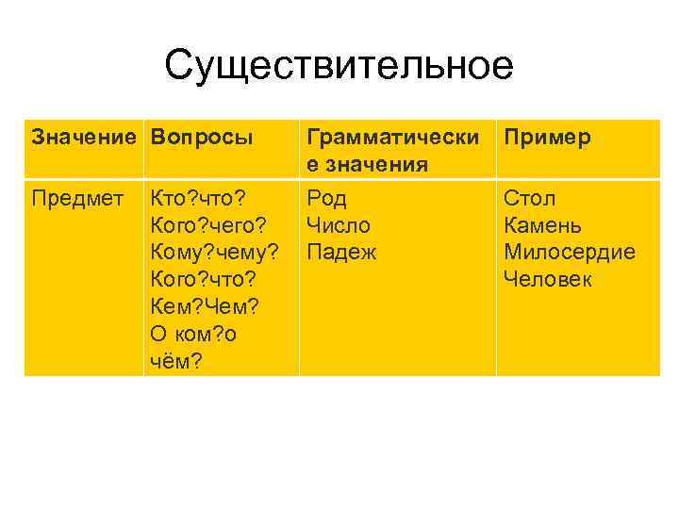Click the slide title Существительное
(x=339, y=66)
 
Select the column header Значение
(x=85, y=138)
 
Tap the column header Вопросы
(x=200, y=138)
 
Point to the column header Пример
(x=548, y=138)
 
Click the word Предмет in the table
(x=77, y=199)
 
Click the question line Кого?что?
(x=202, y=280)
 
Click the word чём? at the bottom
(x=175, y=361)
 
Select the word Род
(x=327, y=199)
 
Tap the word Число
(x=339, y=225)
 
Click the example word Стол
(x=530, y=199)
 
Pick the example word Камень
(x=542, y=225)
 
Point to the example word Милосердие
(x=570, y=253)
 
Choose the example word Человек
(x=549, y=280)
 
